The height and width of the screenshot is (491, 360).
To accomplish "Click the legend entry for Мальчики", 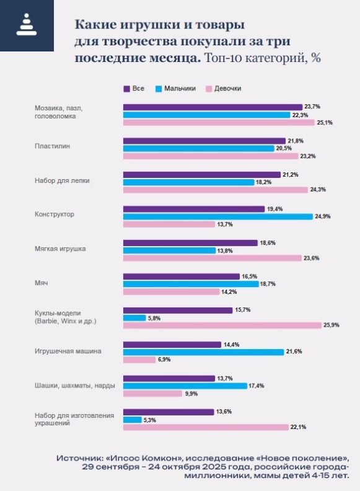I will (177, 89).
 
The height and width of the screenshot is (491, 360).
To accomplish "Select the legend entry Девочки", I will (223, 89).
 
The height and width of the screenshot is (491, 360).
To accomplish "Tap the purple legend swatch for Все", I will (127, 89).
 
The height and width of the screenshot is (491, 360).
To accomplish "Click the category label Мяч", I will (41, 283).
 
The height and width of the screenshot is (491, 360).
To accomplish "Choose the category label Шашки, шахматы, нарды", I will (74, 386).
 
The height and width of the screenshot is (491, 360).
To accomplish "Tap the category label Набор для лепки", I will (61, 181).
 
